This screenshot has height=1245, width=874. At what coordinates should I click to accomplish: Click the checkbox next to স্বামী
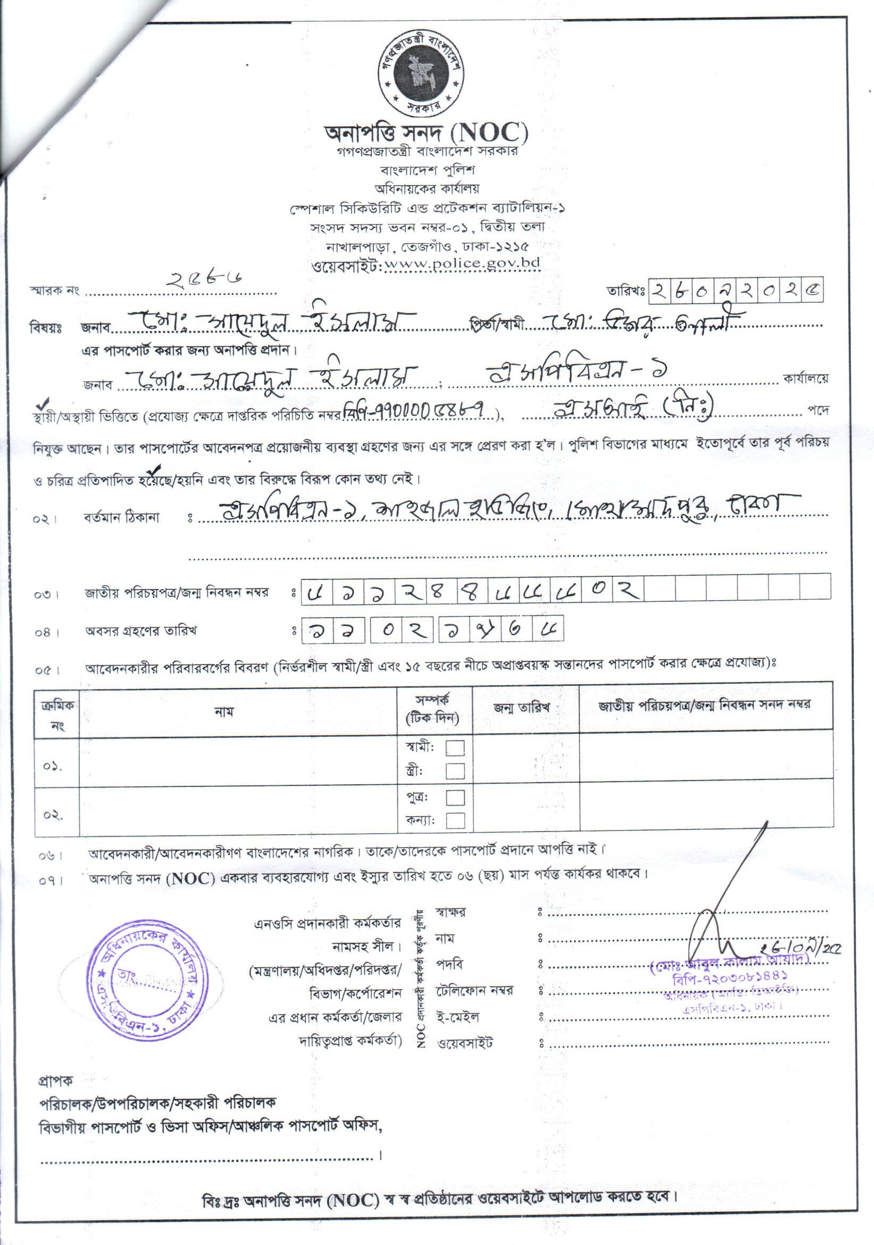tap(455, 748)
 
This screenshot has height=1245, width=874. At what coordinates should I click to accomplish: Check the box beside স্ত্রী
tap(455, 770)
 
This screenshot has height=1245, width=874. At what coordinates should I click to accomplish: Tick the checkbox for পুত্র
tap(455, 798)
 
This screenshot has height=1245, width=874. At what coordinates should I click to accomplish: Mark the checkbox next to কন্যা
tap(455, 820)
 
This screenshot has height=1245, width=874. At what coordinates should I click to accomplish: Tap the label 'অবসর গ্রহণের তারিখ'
tap(140, 631)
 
